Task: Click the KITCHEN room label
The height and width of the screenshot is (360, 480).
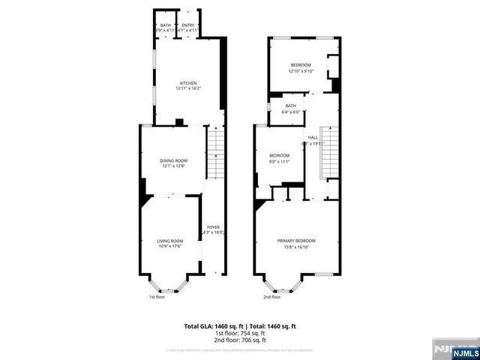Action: [x=187, y=83]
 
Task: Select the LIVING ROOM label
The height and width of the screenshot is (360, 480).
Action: [x=170, y=241]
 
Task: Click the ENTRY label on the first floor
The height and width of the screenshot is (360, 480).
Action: [x=188, y=25]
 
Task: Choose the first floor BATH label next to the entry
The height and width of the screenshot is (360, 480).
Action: [x=165, y=25]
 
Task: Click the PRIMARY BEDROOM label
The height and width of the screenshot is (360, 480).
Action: [x=296, y=241]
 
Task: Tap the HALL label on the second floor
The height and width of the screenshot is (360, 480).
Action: [x=313, y=137]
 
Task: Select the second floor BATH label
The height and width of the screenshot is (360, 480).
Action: [x=290, y=106]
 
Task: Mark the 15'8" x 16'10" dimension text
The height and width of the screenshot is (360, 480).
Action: [x=296, y=247]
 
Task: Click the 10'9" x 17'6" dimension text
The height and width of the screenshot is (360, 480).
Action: [x=170, y=247]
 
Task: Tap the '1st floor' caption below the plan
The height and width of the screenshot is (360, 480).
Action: [x=157, y=297]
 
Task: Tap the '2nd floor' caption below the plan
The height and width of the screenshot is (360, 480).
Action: [x=271, y=297]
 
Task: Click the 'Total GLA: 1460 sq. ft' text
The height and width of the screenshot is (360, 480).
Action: [x=210, y=326]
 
